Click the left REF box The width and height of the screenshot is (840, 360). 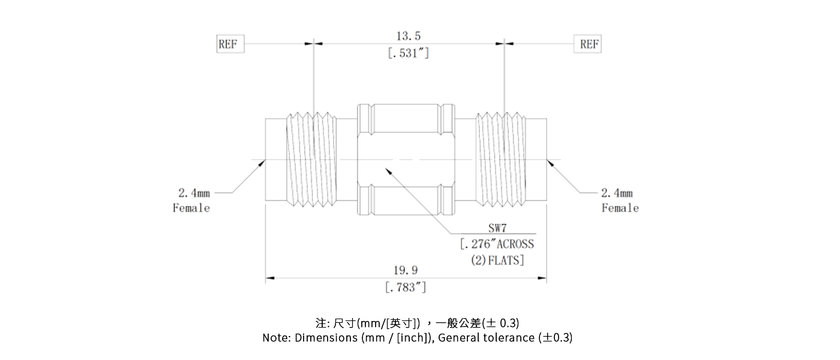pos(230,44)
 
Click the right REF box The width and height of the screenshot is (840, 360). pos(589,44)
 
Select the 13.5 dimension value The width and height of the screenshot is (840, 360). pos(408,37)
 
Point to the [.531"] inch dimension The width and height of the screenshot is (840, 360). pos(408,53)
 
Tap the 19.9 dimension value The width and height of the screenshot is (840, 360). pos(406,271)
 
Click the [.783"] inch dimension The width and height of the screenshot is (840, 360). pos(406,287)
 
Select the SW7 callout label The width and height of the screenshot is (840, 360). pos(497,229)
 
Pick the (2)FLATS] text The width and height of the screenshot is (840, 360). pos(497,260)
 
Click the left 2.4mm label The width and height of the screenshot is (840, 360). pos(194,193)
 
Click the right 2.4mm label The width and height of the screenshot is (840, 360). pos(617,193)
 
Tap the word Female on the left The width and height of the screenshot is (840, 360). pos(191,208)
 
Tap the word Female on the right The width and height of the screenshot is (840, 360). pos(620,208)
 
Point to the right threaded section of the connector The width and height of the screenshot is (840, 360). pos(500,160)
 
